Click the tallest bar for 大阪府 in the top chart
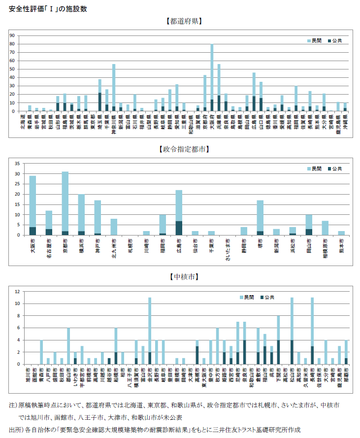tap(212, 74)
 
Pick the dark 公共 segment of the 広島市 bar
tap(179, 228)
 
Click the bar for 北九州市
tap(114, 227)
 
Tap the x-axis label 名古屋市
tap(49, 246)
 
